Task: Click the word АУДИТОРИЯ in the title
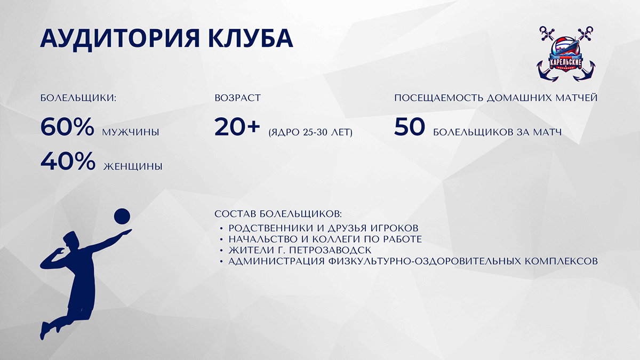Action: click(x=119, y=39)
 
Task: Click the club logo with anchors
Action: click(x=566, y=54)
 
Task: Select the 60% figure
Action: click(x=67, y=126)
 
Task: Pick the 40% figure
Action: click(x=68, y=161)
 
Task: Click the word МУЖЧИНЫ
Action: click(x=131, y=132)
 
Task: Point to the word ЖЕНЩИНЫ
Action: click(x=133, y=166)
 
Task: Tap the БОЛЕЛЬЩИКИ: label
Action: click(x=78, y=98)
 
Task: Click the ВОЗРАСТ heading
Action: click(x=238, y=98)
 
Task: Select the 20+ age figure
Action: click(x=237, y=126)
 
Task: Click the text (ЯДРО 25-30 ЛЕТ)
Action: click(x=310, y=132)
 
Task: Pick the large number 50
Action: click(x=410, y=126)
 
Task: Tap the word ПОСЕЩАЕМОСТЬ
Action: click(x=439, y=98)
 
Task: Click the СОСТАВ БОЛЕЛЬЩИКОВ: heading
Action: click(x=278, y=214)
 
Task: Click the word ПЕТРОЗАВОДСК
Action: click(x=330, y=250)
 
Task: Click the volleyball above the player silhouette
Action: click(x=122, y=217)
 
